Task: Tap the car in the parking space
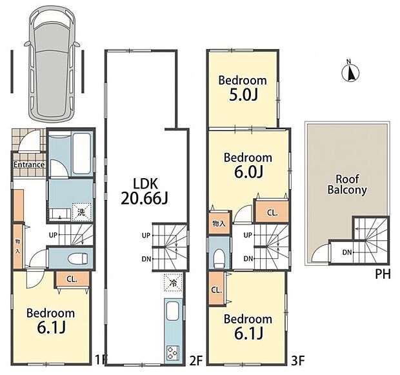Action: tap(52, 63)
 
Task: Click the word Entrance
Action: tap(29, 165)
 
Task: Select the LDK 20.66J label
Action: tap(145, 191)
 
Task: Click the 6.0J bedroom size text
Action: tap(248, 172)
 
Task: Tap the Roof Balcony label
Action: tap(347, 185)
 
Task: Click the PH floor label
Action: tap(383, 274)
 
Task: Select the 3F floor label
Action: tap(298, 361)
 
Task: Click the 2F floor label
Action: tap(196, 361)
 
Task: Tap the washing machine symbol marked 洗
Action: tap(81, 212)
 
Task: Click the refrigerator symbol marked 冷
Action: tap(173, 282)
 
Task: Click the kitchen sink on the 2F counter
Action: tap(173, 311)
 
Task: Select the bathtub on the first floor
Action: tap(82, 154)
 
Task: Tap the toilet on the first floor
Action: tap(78, 258)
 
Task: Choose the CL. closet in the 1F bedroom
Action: tap(72, 279)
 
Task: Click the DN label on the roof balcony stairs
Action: tap(347, 252)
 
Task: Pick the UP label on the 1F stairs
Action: tap(53, 235)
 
